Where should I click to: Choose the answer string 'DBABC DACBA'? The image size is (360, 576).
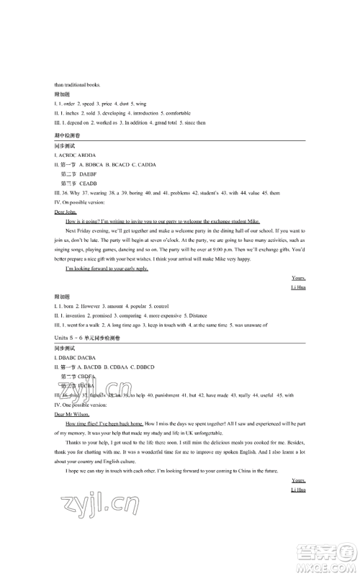pos(76,357)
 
